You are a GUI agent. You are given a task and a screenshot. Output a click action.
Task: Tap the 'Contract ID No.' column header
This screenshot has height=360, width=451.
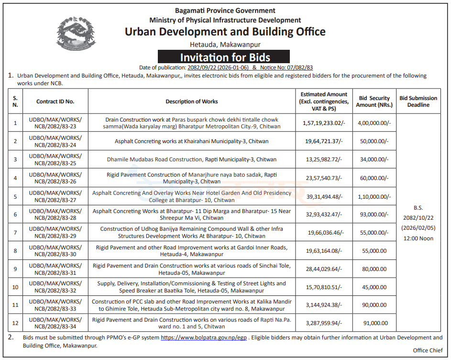point(55,101)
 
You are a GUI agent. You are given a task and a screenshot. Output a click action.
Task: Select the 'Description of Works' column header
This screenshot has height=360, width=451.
point(191,101)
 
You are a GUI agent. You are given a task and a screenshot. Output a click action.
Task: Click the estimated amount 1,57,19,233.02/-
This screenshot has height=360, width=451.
point(324,123)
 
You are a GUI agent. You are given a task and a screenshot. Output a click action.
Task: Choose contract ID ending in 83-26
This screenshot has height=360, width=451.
point(55,178)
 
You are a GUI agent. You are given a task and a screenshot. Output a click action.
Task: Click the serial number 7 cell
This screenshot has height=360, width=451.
point(15,233)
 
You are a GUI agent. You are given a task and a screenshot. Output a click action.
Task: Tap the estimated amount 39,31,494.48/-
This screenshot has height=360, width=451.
point(324,196)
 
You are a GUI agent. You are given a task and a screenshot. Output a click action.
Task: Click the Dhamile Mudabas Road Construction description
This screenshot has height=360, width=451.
point(191,159)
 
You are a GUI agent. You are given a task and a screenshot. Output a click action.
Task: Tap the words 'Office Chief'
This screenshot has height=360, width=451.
point(428,350)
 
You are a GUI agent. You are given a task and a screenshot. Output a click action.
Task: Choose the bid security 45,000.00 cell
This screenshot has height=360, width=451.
point(374,287)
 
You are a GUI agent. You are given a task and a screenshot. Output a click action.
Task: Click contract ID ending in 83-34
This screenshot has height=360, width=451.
point(55,323)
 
